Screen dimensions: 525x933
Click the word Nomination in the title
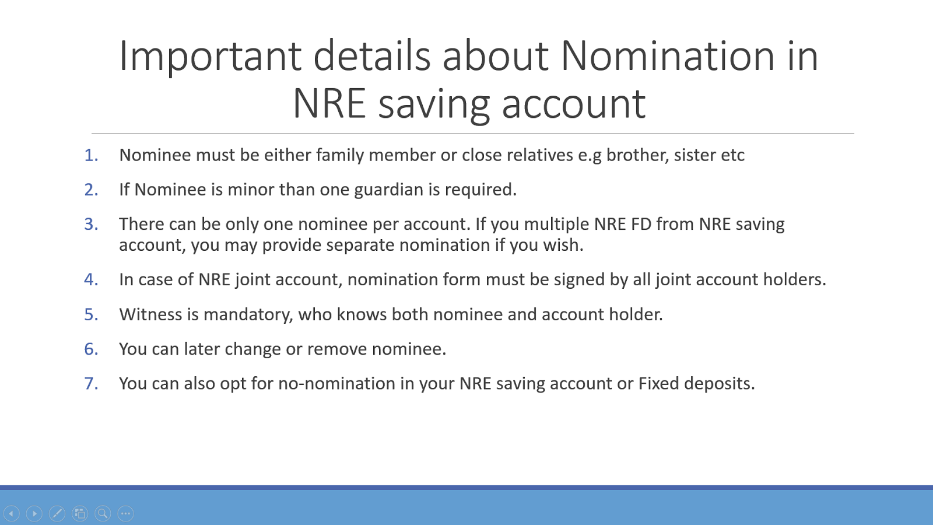668,56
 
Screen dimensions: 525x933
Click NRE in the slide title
328,104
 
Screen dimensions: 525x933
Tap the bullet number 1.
91,155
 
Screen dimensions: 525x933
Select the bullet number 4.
91,279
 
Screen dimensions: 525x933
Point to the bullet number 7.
91,383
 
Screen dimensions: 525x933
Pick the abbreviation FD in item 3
641,224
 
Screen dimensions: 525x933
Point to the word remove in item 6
337,349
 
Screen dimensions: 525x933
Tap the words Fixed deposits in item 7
696,383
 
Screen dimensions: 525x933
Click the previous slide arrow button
12,513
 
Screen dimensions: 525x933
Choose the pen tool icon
57,513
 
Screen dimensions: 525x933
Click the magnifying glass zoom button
103,513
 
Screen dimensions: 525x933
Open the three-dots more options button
125,513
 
